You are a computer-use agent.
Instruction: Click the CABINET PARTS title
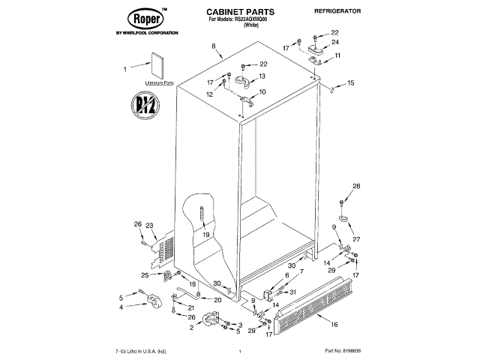[240, 13]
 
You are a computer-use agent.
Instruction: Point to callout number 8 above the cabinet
[214, 47]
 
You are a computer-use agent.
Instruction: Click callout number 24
[335, 43]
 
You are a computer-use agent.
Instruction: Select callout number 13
[262, 77]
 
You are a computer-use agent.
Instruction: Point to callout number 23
[149, 226]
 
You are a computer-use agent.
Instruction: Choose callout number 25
[123, 275]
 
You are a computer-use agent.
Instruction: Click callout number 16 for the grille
[334, 324]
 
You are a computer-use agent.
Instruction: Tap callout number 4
[121, 307]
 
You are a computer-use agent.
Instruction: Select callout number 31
[293, 292]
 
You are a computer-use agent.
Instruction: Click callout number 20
[217, 300]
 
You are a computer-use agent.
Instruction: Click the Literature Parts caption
[159, 82]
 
